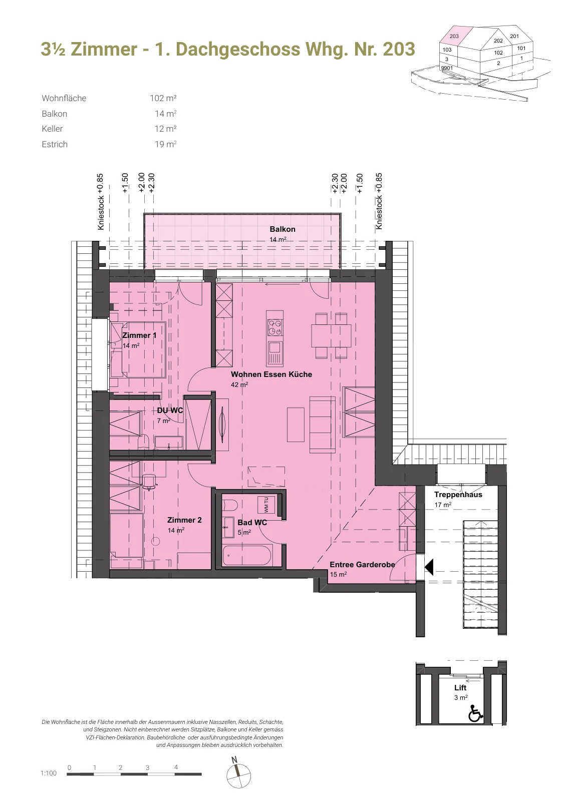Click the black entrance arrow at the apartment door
pos(429,567)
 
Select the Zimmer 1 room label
pos(139,335)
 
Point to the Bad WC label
pos(252,523)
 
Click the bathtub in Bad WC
pos(247,556)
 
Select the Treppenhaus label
pos(458,495)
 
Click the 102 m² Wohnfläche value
pos(163,98)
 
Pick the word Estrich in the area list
pos(55,144)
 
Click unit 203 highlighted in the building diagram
pos(454,36)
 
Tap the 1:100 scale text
pos(49,773)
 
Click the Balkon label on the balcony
pos(282,229)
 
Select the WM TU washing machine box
pos(266,505)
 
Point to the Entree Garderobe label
pos(362,565)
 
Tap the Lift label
pos(460,688)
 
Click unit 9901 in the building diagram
pos(447,68)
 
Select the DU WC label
pos(170,411)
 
